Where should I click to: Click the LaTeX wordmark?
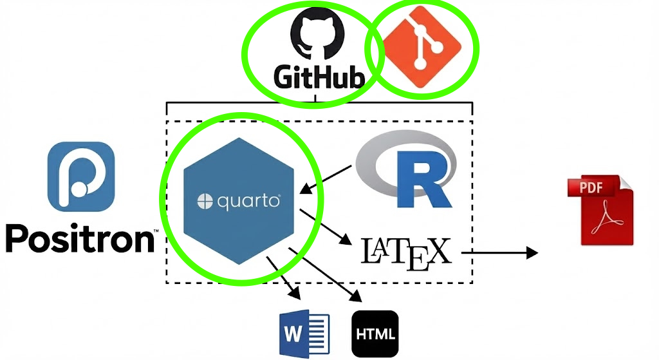tap(405, 252)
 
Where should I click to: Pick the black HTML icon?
tap(375, 334)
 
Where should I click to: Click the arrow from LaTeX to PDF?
tap(499, 252)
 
